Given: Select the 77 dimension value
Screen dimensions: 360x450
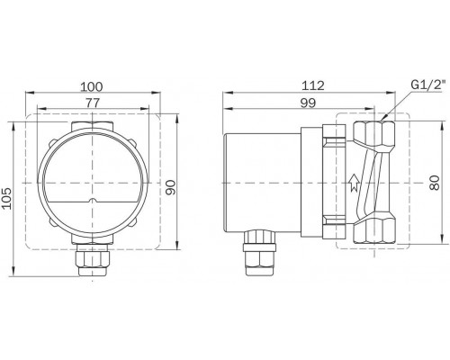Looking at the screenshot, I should [x=93, y=105].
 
